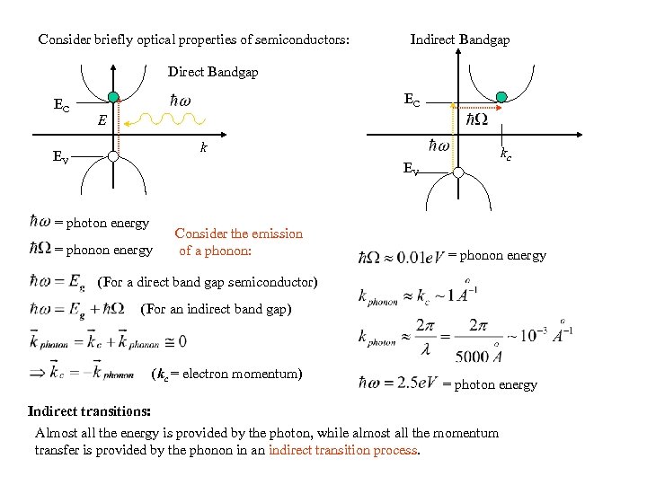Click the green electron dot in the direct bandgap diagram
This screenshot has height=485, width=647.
(112, 98)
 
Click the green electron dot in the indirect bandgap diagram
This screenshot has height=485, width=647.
(501, 97)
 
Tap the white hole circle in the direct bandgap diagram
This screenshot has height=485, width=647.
(112, 155)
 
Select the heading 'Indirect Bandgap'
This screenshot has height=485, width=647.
(459, 40)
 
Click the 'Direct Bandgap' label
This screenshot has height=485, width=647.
(213, 72)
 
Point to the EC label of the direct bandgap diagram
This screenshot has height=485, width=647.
(61, 106)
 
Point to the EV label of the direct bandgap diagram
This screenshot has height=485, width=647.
(59, 159)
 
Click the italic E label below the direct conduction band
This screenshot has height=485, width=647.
(103, 120)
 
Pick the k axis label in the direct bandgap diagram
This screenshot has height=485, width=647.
(204, 146)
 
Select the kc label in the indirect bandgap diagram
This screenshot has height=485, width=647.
(507, 155)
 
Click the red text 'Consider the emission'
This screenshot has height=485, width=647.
(239, 234)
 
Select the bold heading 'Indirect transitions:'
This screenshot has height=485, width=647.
(89, 411)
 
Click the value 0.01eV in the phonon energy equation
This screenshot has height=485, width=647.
(414, 258)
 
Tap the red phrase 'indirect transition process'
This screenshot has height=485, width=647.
(343, 450)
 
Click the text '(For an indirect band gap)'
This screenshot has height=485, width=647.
(217, 310)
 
